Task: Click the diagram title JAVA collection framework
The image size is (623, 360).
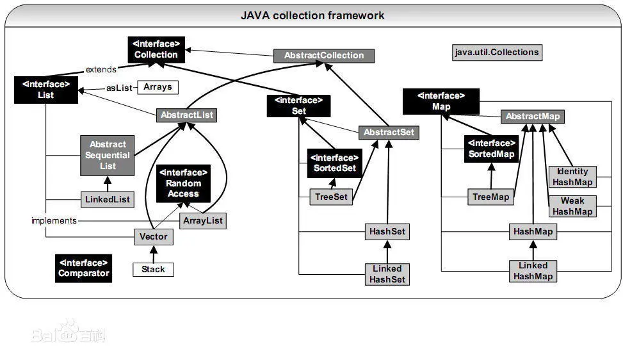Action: click(x=312, y=15)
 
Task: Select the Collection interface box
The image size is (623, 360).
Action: click(x=156, y=49)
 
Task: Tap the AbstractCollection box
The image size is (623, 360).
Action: click(x=323, y=55)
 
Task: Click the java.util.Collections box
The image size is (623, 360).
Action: click(x=497, y=52)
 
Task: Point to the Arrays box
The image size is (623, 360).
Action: click(x=157, y=86)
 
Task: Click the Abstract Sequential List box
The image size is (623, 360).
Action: click(x=108, y=155)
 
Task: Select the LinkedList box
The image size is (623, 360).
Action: click(x=108, y=199)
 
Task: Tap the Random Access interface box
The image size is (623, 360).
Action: click(x=184, y=183)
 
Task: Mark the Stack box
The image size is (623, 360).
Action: click(x=153, y=269)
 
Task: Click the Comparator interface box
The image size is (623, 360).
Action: click(x=83, y=268)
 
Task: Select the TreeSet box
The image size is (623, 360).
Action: click(x=331, y=197)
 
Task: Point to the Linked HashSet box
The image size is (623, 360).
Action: click(x=387, y=274)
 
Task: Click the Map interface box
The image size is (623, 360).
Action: click(x=442, y=101)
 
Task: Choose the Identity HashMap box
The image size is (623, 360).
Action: click(x=572, y=177)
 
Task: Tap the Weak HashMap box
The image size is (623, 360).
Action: click(x=572, y=206)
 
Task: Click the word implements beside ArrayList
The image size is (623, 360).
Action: click(x=54, y=220)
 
